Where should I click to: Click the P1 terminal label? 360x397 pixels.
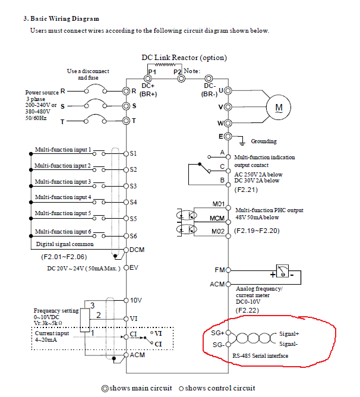click(152, 71)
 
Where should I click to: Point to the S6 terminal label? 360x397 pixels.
click(134, 235)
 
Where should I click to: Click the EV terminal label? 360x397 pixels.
click(134, 267)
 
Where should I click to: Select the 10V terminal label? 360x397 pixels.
click(136, 301)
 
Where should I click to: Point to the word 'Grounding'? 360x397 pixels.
click(264, 141)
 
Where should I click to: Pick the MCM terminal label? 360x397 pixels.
click(217, 218)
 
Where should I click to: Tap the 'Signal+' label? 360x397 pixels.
click(289, 334)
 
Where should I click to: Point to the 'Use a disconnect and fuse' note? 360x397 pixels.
click(88, 74)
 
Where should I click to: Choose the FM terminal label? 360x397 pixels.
click(219, 270)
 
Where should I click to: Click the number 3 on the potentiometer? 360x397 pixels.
click(92, 305)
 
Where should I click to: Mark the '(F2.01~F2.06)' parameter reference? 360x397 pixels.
click(64, 257)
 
